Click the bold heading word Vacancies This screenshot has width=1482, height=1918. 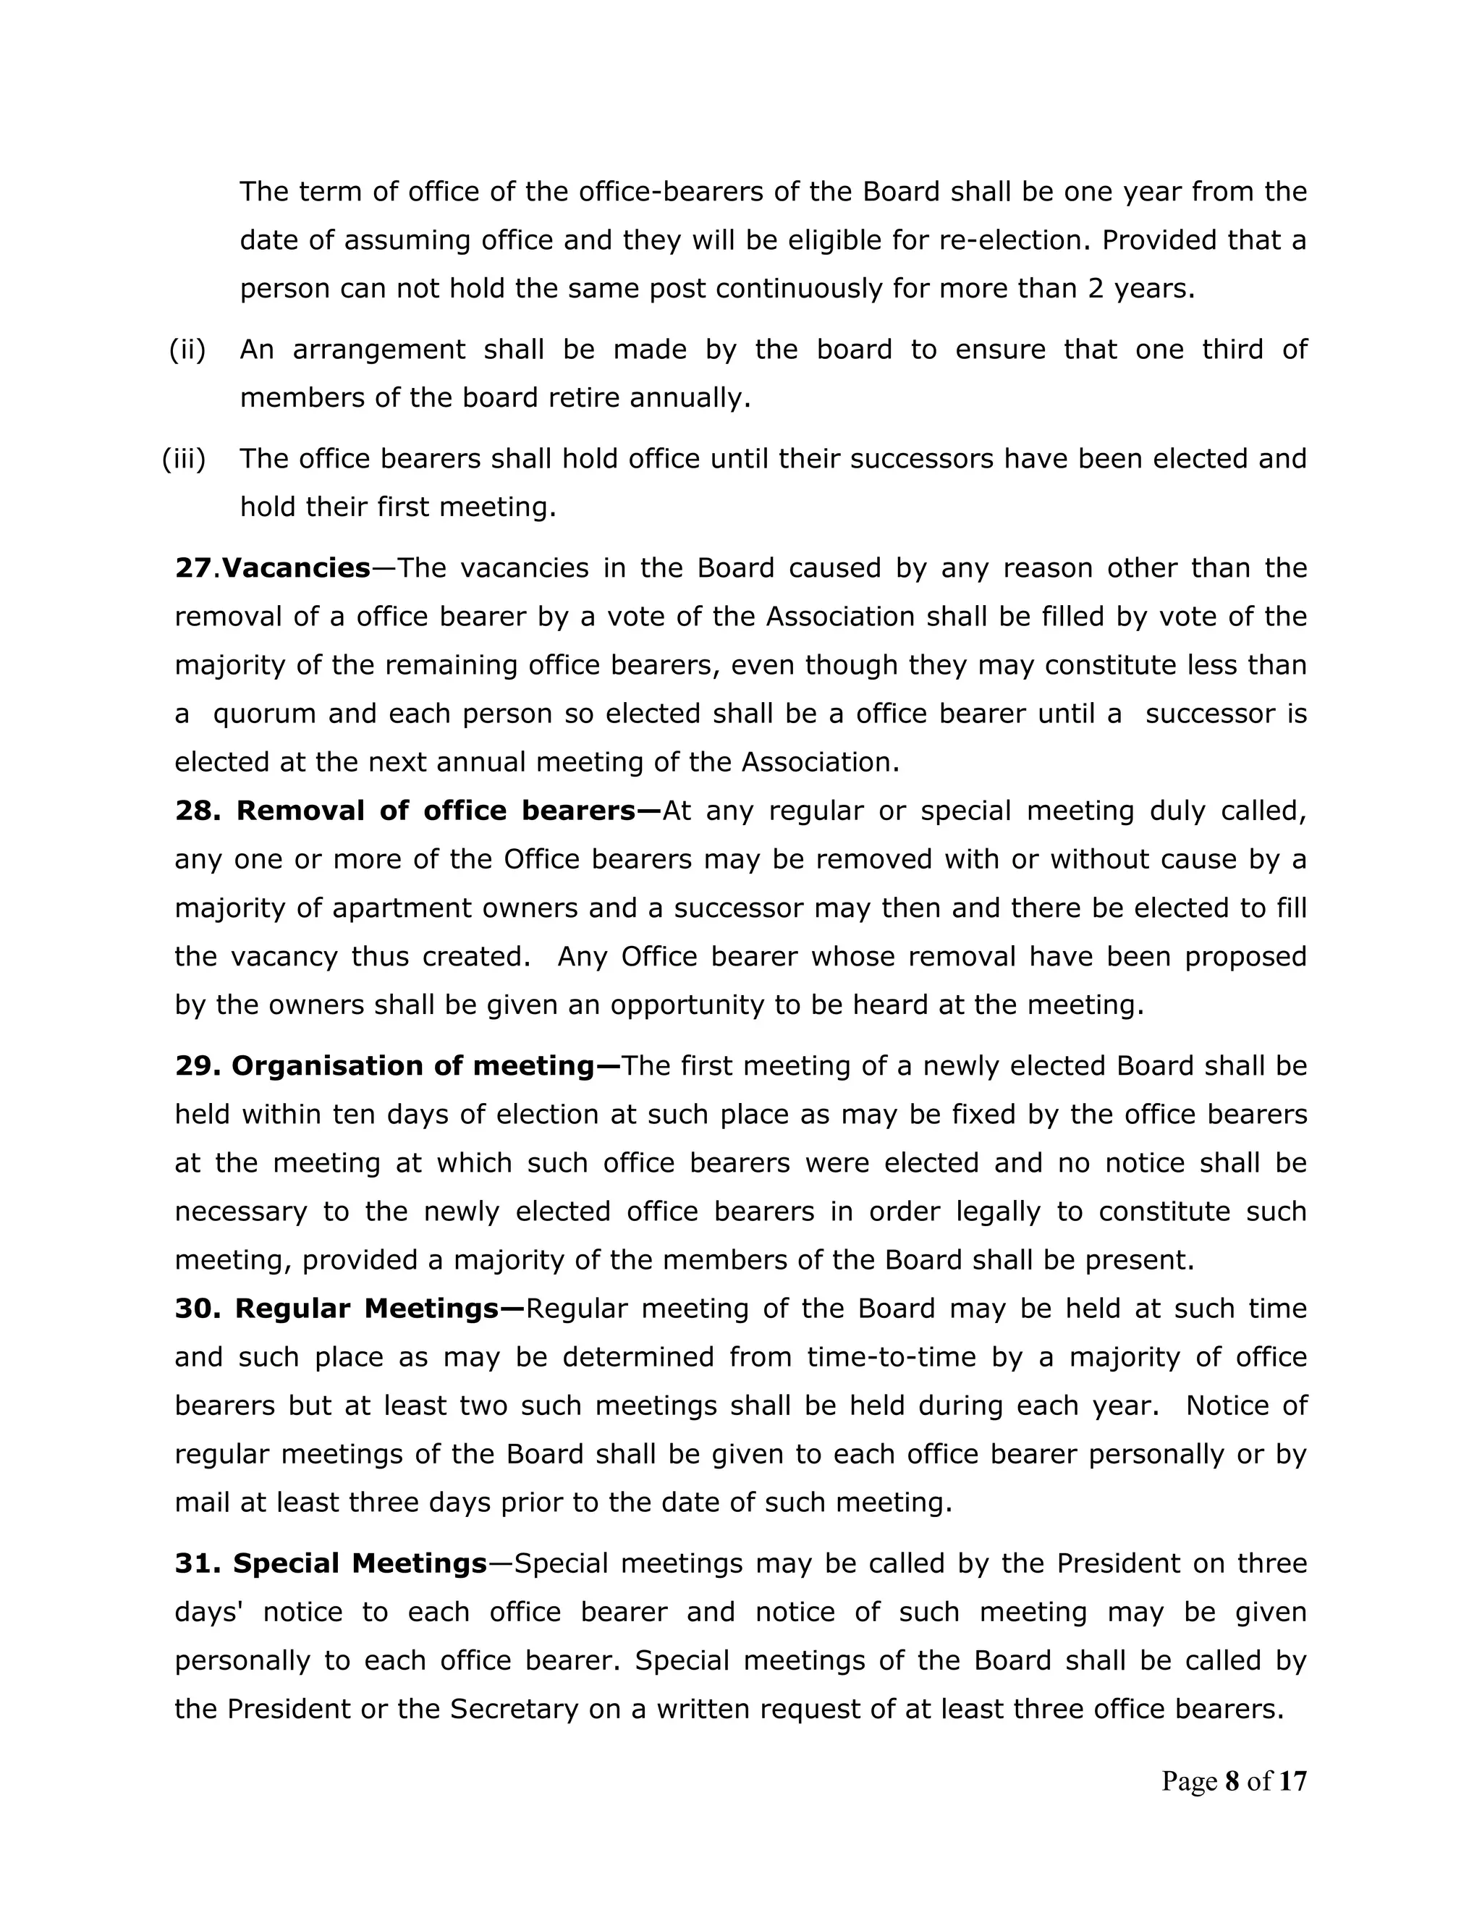click(296, 568)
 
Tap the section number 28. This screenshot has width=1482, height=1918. click(198, 811)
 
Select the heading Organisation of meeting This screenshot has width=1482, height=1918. click(412, 1066)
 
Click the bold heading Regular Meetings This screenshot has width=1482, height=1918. click(366, 1309)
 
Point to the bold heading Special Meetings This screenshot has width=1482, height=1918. click(359, 1563)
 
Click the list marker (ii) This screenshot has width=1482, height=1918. click(187, 350)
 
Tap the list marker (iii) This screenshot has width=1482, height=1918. click(184, 458)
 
